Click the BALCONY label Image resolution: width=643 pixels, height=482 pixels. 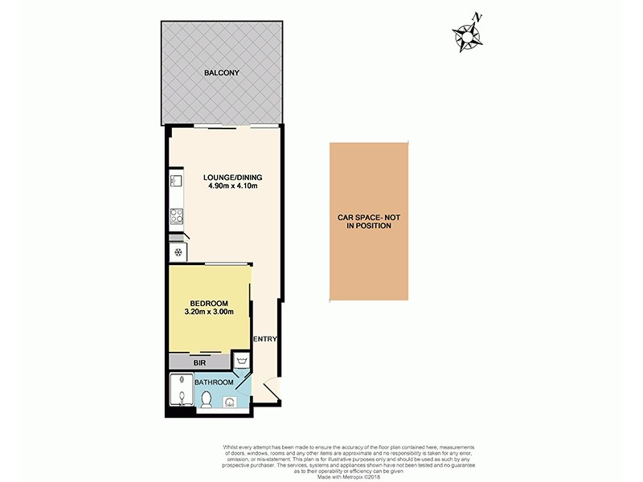222,73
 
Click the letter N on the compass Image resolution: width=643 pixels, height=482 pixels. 478,16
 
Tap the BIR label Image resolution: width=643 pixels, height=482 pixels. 199,363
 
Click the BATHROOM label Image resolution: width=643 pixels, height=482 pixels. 214,382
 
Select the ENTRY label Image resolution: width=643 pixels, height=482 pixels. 265,339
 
